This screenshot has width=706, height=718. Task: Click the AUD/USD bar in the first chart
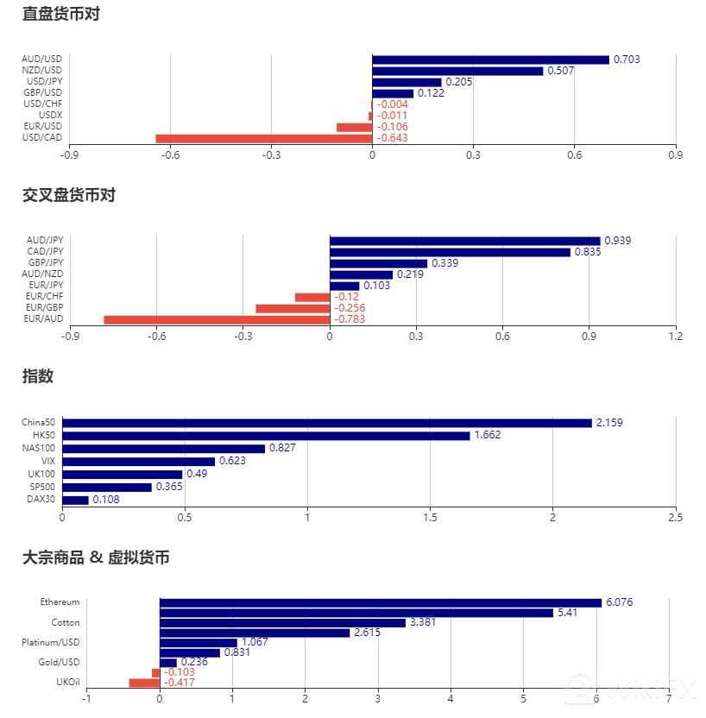[x=490, y=60]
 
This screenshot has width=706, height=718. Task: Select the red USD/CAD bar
[x=263, y=138]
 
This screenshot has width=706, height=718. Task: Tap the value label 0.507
[x=561, y=71]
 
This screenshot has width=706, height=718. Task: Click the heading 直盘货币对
[x=61, y=15]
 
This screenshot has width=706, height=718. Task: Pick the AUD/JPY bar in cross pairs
[x=464, y=241]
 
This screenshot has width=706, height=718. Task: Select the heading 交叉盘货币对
[x=68, y=196]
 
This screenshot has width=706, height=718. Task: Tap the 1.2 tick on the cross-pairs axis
[x=676, y=337]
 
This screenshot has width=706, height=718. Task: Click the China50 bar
[x=326, y=423]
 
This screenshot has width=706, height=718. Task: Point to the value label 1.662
[x=488, y=436]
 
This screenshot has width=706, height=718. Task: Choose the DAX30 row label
[x=41, y=499]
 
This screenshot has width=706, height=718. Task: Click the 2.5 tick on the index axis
[x=676, y=518]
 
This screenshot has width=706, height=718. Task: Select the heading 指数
[x=38, y=376]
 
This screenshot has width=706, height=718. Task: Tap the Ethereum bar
[x=380, y=602]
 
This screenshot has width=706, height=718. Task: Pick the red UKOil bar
[x=144, y=683]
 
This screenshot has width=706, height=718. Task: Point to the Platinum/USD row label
[x=51, y=642]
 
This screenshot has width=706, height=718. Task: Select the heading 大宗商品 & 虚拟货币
[x=96, y=557]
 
